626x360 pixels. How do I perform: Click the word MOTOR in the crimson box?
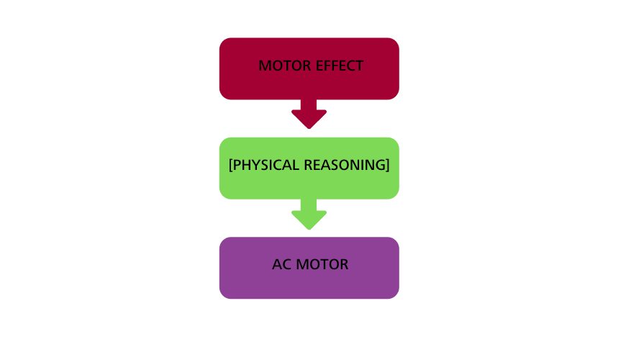coord(285,66)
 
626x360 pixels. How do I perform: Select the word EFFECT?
coord(340,66)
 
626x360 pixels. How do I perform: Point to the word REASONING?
coord(345,165)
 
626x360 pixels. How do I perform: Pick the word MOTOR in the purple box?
coord(322,264)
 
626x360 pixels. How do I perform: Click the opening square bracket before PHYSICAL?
coord(230,165)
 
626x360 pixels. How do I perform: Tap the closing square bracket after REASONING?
coord(388,165)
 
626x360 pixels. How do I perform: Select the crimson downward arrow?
coord(309,114)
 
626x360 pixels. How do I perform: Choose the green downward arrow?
coord(309,215)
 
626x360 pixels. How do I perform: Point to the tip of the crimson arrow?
coord(309,129)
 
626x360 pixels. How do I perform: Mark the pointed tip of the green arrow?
coord(309,230)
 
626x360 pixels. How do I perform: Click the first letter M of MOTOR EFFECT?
coord(264,66)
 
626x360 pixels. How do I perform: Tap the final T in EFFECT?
coord(359,66)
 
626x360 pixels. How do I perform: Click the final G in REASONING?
coord(381,165)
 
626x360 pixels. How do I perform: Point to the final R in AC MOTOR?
coord(344,264)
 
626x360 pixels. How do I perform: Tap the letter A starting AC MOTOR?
coord(277,264)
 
